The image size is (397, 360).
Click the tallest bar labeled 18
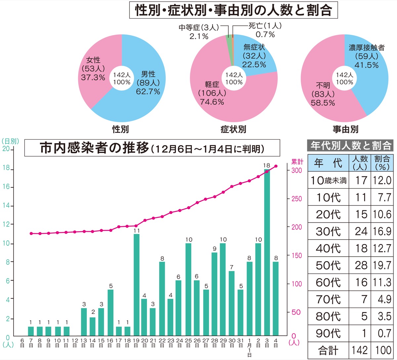coord(267,252)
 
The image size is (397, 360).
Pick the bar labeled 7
coord(232,303)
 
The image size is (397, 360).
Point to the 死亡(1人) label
coord(265,26)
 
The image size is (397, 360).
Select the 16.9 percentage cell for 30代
coord(382,231)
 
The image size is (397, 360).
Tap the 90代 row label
coord(328,333)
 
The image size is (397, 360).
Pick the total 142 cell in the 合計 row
coord(360,350)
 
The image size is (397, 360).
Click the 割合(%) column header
coord(382,163)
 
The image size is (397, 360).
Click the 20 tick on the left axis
coord(6,149)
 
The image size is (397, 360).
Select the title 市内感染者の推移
coord(95,148)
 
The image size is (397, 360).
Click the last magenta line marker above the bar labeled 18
coord(276,166)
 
